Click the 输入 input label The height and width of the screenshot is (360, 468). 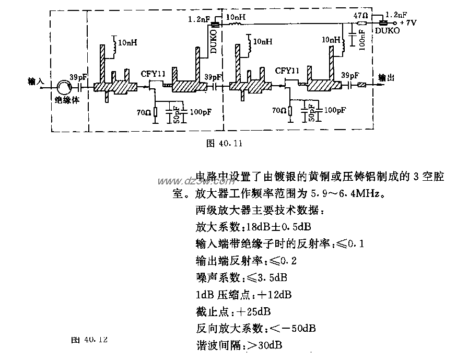(37, 81)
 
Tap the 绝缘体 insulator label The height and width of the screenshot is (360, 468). (67, 100)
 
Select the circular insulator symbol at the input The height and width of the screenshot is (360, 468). (66, 86)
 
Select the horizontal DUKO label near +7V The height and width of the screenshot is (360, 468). (385, 31)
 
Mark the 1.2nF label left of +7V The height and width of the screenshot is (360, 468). (395, 16)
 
